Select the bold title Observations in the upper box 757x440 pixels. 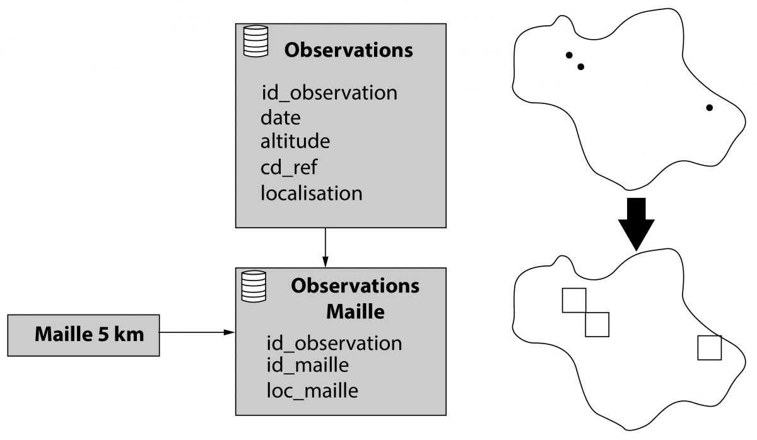(x=349, y=50)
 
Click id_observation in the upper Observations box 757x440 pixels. (x=329, y=93)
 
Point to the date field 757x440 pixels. (x=281, y=117)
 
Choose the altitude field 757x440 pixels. (x=295, y=141)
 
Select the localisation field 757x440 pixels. (x=312, y=192)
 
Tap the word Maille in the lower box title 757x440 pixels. (x=355, y=311)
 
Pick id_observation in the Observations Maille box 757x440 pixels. (x=334, y=343)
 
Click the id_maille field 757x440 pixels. (x=308, y=364)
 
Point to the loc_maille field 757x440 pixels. (x=312, y=391)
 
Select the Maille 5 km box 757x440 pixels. (x=83, y=334)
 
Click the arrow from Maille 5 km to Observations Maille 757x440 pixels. (x=196, y=332)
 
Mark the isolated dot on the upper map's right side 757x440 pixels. (x=709, y=108)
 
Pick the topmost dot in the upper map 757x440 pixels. (x=569, y=55)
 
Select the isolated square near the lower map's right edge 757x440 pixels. (x=709, y=348)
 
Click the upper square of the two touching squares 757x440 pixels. (x=574, y=300)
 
